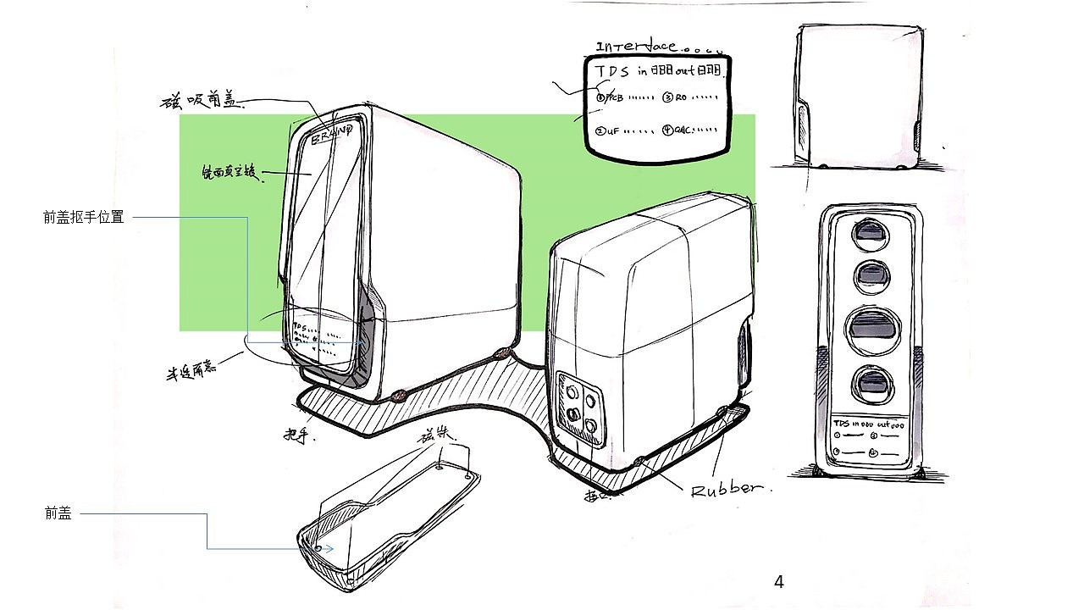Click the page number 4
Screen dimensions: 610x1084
tap(779, 582)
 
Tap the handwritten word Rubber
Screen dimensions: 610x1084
tap(727, 490)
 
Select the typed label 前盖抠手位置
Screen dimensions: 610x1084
tap(84, 218)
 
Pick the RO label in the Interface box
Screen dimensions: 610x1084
tap(681, 97)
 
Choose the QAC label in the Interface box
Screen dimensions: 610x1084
tap(683, 130)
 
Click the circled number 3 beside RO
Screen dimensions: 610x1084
tap(667, 97)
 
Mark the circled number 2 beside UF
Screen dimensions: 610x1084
tap(600, 131)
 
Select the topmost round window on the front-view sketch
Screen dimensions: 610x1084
tap(869, 233)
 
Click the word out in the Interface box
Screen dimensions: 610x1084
tap(685, 70)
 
